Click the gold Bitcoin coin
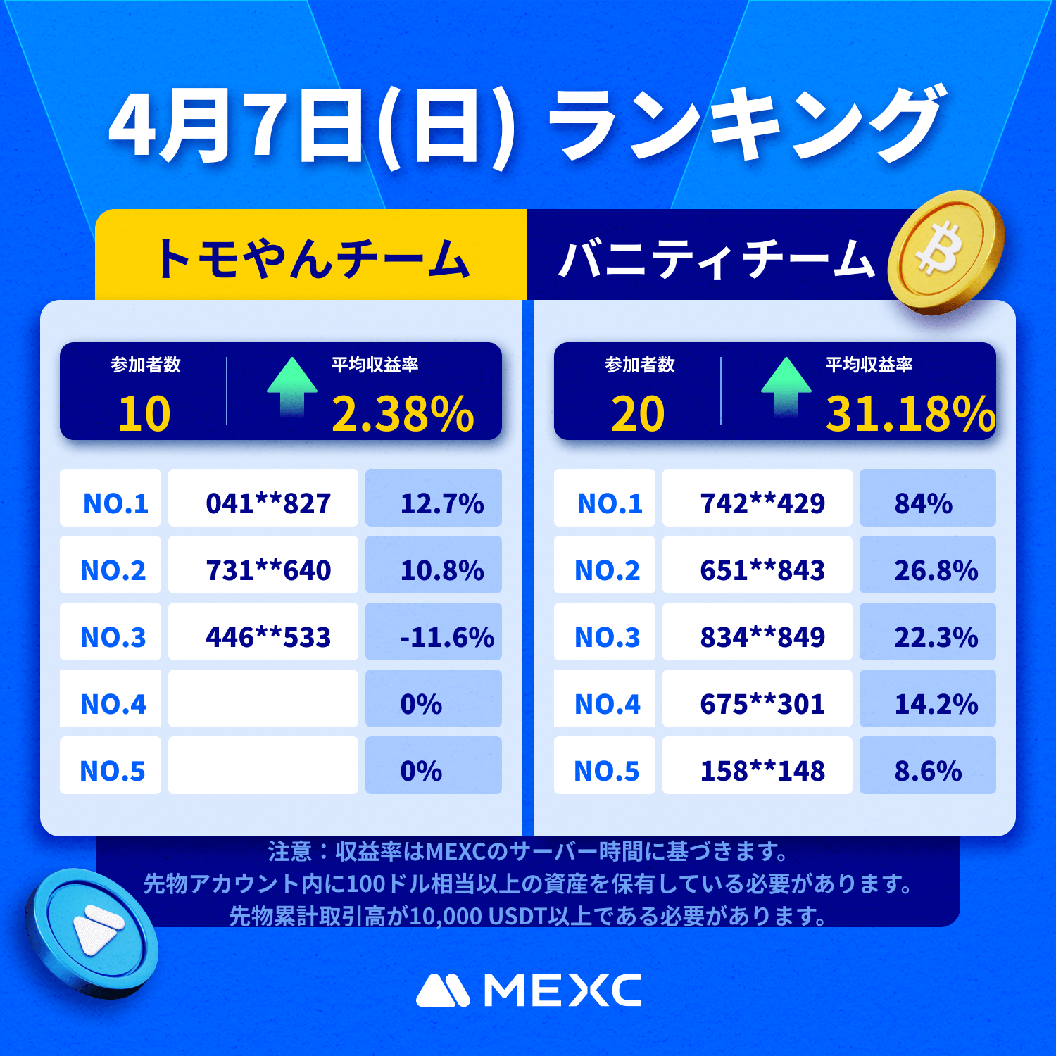945,252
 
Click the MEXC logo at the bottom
529,991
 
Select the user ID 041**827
268,503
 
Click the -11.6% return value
446,637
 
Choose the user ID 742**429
762,503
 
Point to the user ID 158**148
762,771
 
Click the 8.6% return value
927,771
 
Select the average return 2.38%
403,413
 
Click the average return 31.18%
910,413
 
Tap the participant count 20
638,413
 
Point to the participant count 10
144,413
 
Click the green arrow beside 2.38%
291,385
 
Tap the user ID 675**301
762,704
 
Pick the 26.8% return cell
936,570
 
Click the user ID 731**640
268,570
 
